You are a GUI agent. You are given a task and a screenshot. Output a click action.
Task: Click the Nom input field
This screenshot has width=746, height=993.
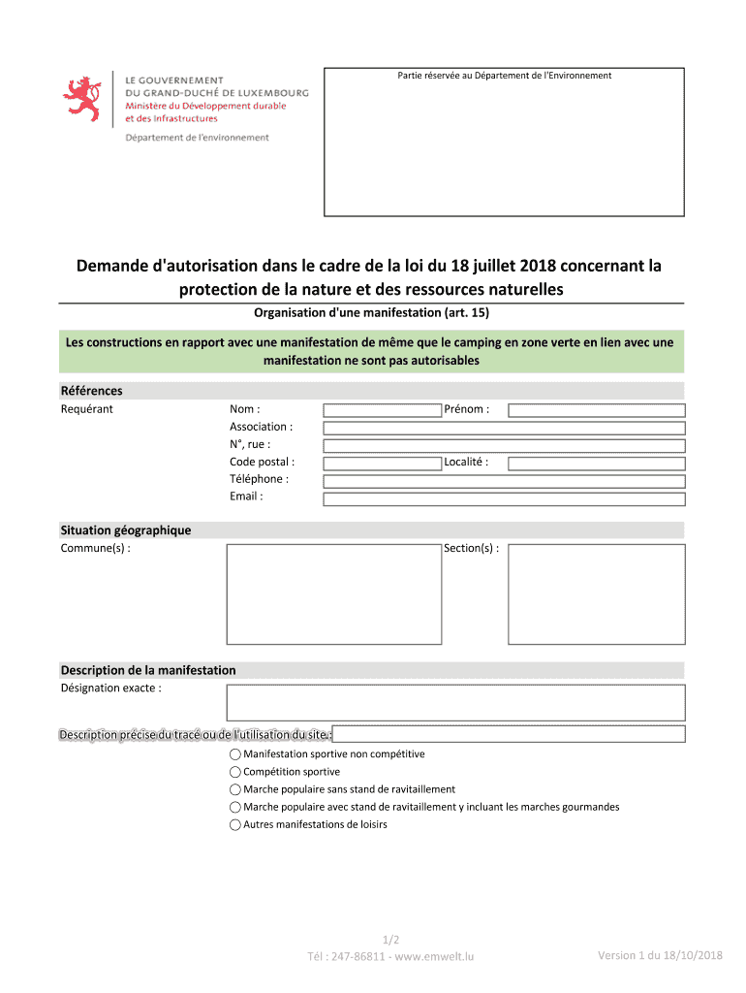pos(382,410)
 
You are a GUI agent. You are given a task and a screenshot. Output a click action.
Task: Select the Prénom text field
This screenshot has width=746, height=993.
pos(597,410)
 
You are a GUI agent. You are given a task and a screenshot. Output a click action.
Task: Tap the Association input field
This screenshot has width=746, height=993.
pos(504,428)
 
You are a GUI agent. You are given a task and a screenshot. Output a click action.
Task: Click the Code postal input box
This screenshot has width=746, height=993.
pos(382,464)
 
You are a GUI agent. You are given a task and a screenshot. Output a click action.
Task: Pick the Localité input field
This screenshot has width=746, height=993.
pos(597,464)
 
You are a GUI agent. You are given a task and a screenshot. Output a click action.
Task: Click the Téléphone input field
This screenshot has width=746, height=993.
pos(504,481)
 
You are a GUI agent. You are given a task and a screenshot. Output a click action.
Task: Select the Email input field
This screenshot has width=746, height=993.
pos(504,498)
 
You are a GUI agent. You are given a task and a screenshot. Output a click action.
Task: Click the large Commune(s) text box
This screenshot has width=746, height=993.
pos(334,593)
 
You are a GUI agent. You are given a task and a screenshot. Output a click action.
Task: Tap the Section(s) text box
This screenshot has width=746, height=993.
pos(597,593)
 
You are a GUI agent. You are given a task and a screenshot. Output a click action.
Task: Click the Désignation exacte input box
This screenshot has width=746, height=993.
pos(455,702)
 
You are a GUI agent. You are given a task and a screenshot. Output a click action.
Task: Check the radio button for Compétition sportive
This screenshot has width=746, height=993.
pos(235,772)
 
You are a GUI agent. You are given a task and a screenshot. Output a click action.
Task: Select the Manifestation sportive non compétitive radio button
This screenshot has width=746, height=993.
pos(235,754)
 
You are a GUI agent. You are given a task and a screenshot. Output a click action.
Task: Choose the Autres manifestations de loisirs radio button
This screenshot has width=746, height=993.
pos(235,825)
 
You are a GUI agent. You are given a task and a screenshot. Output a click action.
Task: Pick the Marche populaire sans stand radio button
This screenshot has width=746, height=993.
pos(235,789)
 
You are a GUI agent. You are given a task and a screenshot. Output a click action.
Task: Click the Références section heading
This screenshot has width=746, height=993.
pos(92,391)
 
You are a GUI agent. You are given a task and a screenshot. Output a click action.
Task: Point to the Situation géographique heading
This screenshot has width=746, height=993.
pos(126,530)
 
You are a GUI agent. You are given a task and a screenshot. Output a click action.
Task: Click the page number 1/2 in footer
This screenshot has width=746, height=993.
pos(391,940)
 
